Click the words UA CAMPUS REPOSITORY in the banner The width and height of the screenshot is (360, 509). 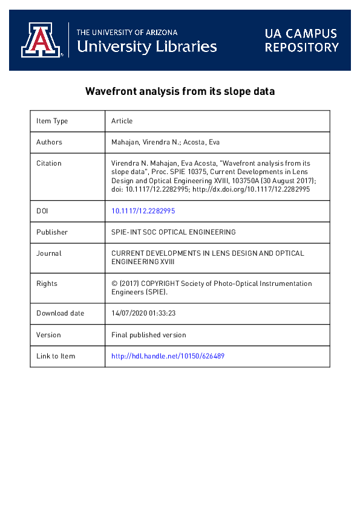click(301, 40)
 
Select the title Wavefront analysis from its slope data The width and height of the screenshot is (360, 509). click(180, 92)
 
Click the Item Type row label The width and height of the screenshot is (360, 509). click(52, 121)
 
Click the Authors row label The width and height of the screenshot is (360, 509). click(49, 142)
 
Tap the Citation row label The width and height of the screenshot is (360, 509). click(49, 163)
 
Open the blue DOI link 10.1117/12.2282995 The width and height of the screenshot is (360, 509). click(143, 211)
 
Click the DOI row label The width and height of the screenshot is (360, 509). click(42, 211)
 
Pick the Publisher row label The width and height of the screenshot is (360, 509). click(52, 232)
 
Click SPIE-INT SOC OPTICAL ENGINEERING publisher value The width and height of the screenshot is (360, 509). click(174, 232)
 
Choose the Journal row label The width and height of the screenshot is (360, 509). click(49, 253)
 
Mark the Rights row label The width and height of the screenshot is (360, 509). click(47, 284)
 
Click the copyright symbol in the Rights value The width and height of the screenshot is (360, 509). click(114, 284)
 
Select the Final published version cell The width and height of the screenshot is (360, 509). click(149, 335)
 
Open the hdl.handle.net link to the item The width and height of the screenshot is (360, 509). click(168, 356)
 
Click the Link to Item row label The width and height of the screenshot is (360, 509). click(56, 356)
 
